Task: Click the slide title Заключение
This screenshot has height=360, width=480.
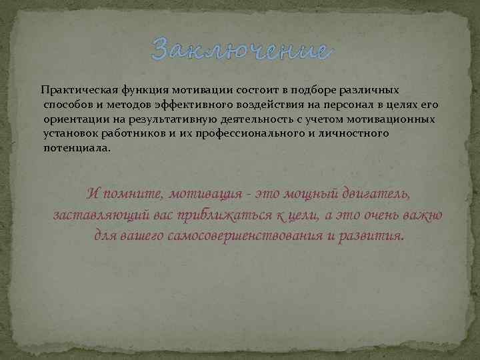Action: (240, 49)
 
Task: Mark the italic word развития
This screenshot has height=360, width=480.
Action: (371, 237)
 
